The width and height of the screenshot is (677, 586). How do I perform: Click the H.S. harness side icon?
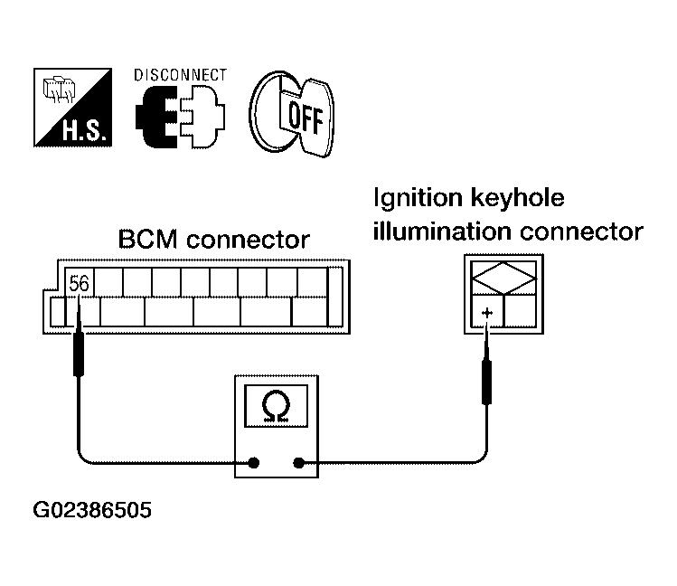point(72,108)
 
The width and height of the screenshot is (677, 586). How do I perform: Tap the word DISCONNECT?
point(180,75)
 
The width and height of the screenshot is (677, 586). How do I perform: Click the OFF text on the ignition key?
point(306,117)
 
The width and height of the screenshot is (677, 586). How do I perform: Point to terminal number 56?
point(79,283)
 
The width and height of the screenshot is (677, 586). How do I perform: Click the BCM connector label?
point(213,240)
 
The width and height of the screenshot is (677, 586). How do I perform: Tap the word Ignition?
point(418,199)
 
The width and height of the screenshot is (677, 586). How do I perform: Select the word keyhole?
point(517,199)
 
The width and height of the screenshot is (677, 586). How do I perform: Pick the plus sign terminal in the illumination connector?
point(487,313)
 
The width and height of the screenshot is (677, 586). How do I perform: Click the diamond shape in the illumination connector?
point(503,279)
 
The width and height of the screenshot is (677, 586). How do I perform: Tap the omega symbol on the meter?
point(276,406)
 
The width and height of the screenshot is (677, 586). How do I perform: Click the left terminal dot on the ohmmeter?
point(254,463)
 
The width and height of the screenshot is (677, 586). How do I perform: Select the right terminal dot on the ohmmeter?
point(298,463)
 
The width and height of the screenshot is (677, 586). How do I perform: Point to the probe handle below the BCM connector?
point(79,354)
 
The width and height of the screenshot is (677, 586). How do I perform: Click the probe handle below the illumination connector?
point(486,383)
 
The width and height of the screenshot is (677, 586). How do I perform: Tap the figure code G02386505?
point(92,510)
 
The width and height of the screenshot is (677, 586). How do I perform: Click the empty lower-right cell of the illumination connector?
point(521,311)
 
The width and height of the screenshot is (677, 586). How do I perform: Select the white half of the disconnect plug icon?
point(202,117)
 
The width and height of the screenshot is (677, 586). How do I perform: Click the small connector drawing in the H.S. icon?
point(59,90)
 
